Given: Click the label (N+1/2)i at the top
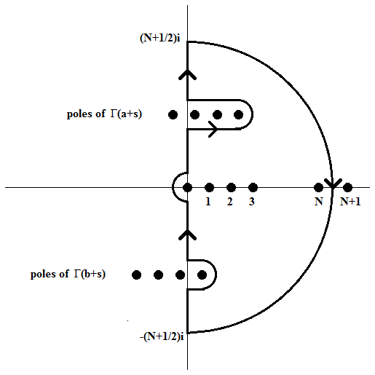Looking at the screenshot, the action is [160, 38].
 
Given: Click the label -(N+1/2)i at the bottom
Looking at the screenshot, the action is [162, 336].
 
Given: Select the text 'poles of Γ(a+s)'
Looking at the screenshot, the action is [104, 114].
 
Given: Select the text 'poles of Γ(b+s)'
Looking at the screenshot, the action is [68, 274].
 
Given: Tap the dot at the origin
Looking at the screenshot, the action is [187, 187].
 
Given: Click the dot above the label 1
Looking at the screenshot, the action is [209, 187].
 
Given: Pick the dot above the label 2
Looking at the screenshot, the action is [231, 187].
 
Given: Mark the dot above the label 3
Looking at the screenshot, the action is [253, 187].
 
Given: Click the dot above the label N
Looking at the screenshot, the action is [318, 187].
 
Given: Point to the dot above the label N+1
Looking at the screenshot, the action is [347, 187].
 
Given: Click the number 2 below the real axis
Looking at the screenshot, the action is [230, 202].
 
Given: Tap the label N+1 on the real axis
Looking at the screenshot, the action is [350, 202].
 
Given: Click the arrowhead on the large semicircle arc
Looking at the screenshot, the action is [333, 183].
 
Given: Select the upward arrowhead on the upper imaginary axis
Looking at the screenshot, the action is [187, 74].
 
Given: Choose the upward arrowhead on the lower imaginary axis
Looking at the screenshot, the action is [187, 234].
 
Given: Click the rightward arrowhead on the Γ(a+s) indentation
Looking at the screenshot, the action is [213, 129].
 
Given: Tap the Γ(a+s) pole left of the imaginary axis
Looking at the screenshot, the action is [173, 114].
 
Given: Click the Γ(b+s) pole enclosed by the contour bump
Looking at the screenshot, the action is [202, 275].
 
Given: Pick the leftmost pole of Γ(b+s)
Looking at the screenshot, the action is [136, 275].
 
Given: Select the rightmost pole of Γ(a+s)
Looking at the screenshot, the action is [238, 114].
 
